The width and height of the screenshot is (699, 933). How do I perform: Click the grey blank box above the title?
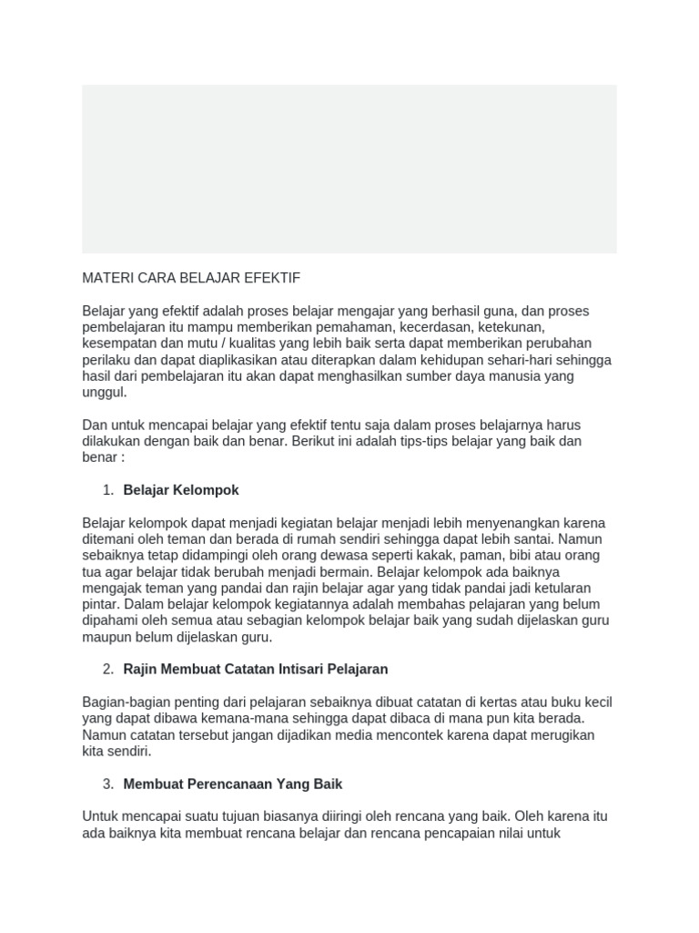tap(349, 169)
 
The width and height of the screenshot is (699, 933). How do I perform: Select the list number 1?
tap(108, 490)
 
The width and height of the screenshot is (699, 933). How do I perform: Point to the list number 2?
tap(108, 669)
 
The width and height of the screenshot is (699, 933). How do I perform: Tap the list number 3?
tap(108, 784)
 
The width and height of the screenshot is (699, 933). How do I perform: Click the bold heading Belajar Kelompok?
tap(181, 490)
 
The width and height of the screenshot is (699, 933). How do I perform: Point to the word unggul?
tap(104, 393)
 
